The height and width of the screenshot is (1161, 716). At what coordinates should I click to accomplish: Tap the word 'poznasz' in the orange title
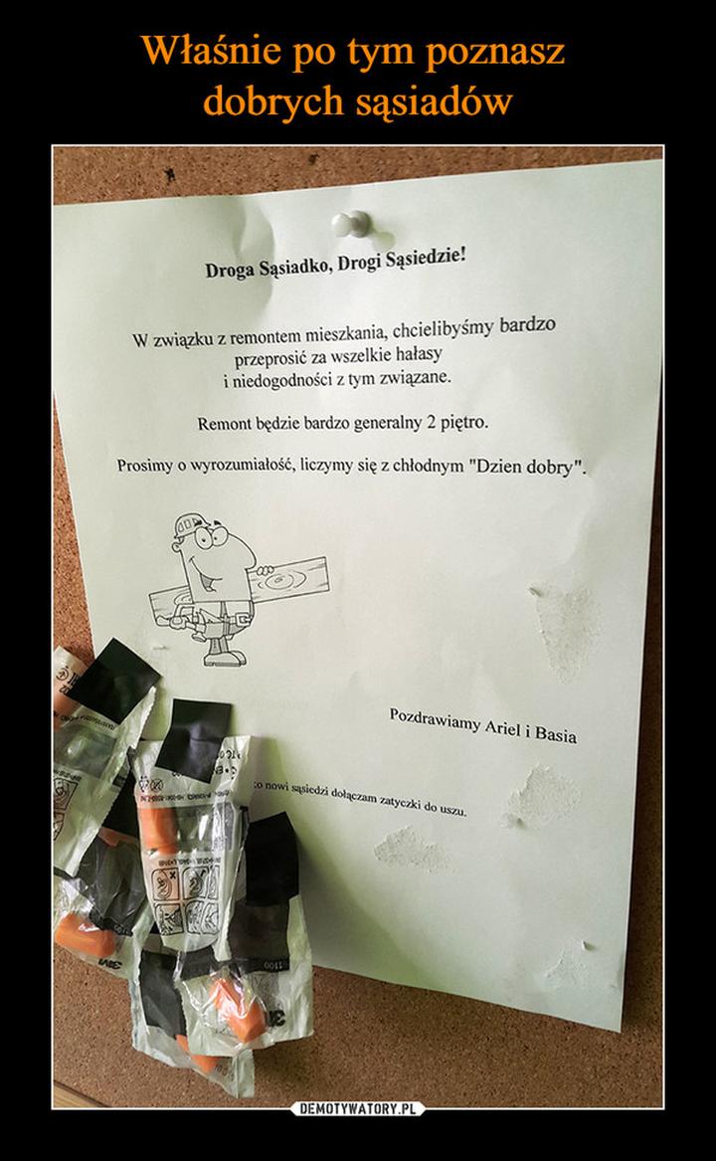coord(496,50)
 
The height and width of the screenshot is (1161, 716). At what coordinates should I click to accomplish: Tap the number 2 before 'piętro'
coord(431,422)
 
